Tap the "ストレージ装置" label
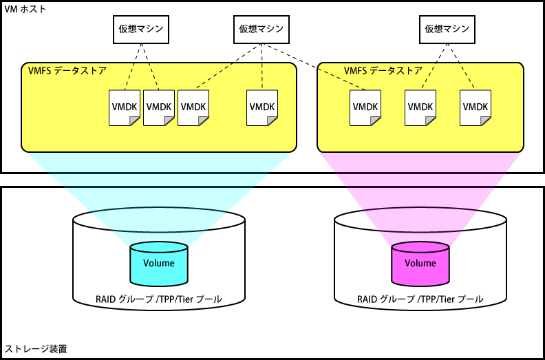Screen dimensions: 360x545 [x=36, y=350]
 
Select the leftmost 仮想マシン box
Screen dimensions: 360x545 [x=141, y=29]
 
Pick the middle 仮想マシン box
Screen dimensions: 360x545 [x=261, y=29]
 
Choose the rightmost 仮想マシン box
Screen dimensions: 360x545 [x=447, y=29]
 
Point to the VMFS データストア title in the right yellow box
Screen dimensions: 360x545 [x=383, y=70]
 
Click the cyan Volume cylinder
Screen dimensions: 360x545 [x=158, y=264]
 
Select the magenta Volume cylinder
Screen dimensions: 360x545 [x=420, y=264]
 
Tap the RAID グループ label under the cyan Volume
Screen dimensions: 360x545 [x=158, y=299]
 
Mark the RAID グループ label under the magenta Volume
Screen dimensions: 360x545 [x=420, y=299]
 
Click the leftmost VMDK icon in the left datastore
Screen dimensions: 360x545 [x=125, y=107]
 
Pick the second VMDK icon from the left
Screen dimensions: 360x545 [x=159, y=107]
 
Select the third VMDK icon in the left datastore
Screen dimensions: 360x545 [x=193, y=107]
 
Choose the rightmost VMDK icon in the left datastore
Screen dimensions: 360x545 [x=262, y=107]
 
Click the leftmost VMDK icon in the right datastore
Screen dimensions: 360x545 [x=365, y=107]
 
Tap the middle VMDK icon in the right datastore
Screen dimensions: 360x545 [x=420, y=107]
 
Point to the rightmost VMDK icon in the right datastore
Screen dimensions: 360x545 [x=475, y=107]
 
